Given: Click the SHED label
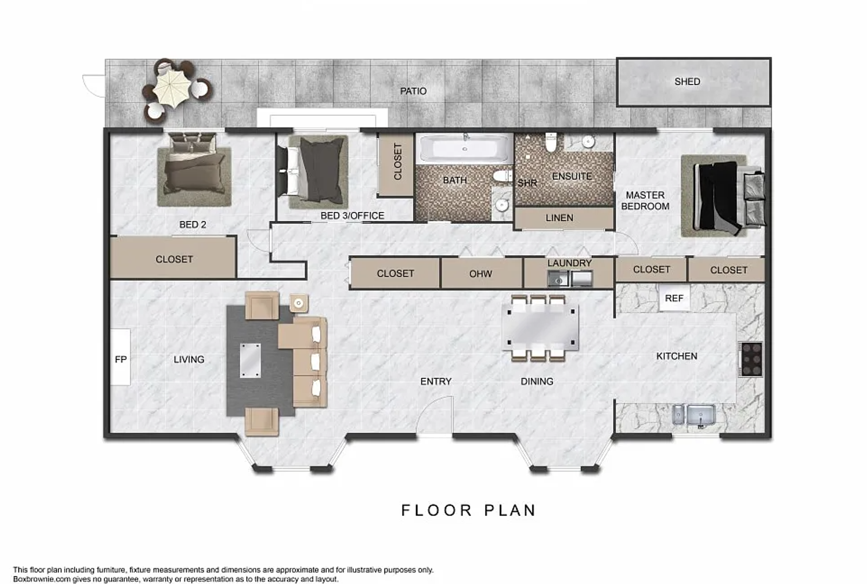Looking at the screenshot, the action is coord(687,82).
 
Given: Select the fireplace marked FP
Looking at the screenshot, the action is coord(121,357).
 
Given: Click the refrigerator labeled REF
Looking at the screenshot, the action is coord(674,298).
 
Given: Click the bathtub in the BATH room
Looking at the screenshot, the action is coord(465,148).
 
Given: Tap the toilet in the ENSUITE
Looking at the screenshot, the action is coord(551,142).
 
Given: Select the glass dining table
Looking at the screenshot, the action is coord(540,327).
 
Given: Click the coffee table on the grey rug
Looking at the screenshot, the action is coord(250,360).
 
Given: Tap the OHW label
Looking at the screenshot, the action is coord(480,274).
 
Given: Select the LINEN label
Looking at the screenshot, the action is coord(559,218).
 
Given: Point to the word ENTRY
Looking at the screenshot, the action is coord(436,382).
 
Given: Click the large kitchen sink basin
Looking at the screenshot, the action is coord(701,416).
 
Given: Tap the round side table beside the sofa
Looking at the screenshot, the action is coord(299,303).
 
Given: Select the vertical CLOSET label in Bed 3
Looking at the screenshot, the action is coord(398,162).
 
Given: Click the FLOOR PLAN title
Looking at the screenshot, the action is coord(468,510).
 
